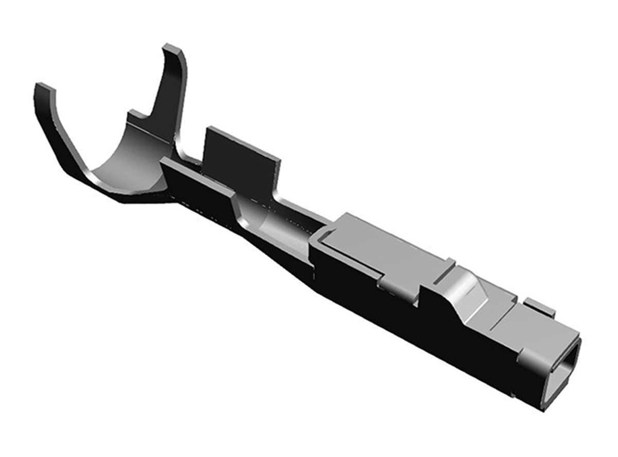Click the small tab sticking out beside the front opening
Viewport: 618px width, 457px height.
coord(541,308)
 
